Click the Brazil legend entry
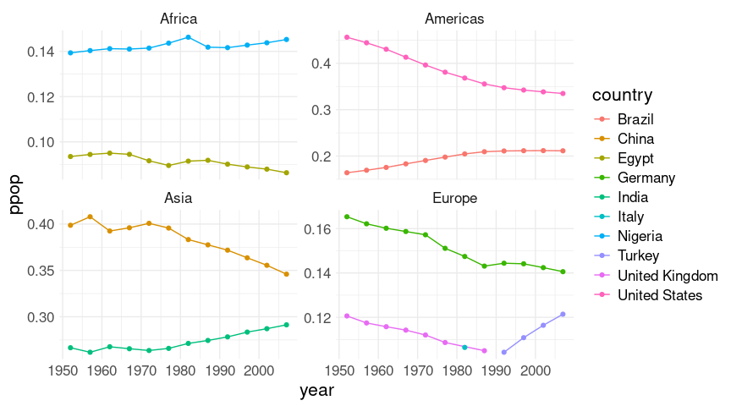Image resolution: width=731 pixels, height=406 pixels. tap(635, 119)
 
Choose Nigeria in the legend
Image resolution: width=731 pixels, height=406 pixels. tap(640, 236)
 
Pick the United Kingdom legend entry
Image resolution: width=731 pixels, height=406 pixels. tap(668, 276)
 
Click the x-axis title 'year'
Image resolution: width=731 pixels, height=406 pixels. tap(316, 391)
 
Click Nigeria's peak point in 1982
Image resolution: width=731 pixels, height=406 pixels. tap(188, 37)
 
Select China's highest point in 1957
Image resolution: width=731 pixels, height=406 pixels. tap(90, 217)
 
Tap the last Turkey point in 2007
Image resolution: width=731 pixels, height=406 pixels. tap(563, 315)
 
